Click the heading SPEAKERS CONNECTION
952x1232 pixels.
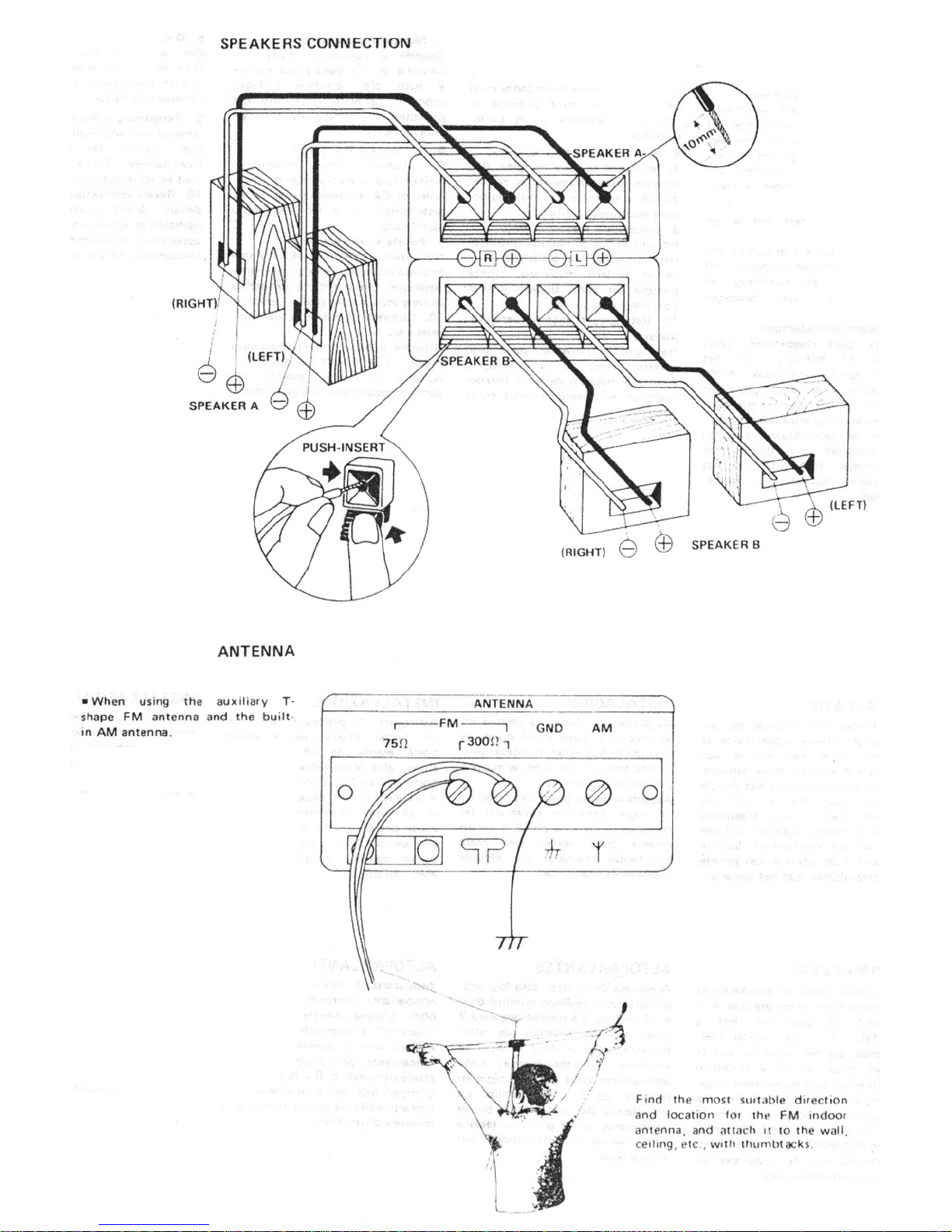coord(315,44)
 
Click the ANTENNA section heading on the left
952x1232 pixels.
coord(256,651)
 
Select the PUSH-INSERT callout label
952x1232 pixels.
coord(343,447)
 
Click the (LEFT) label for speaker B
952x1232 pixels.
coord(847,504)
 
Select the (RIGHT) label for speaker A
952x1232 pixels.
coord(193,303)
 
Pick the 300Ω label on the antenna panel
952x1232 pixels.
coord(482,742)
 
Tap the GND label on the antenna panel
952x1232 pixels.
coord(549,728)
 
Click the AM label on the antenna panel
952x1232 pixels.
coord(602,728)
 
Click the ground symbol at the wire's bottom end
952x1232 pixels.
coord(511,943)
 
